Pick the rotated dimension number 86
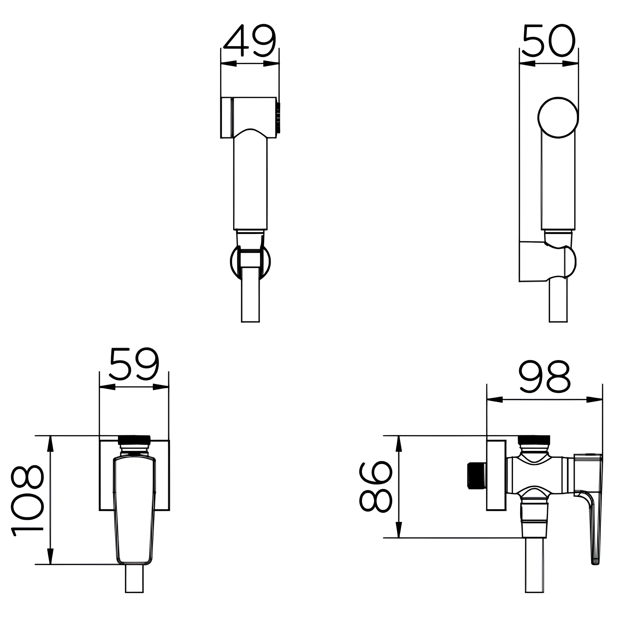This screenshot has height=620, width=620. pos(375,486)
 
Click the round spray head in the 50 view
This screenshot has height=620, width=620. pos(558,117)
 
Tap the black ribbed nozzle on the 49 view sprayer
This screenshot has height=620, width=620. pos(278,117)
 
